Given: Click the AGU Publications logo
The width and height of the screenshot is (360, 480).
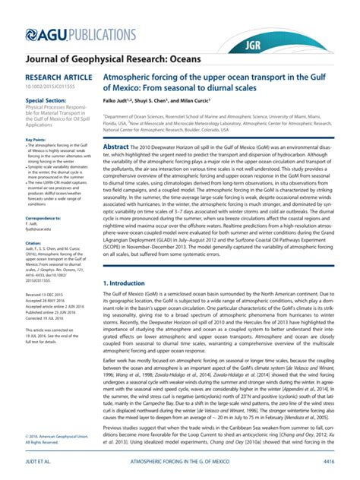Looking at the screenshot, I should point(72,33).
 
